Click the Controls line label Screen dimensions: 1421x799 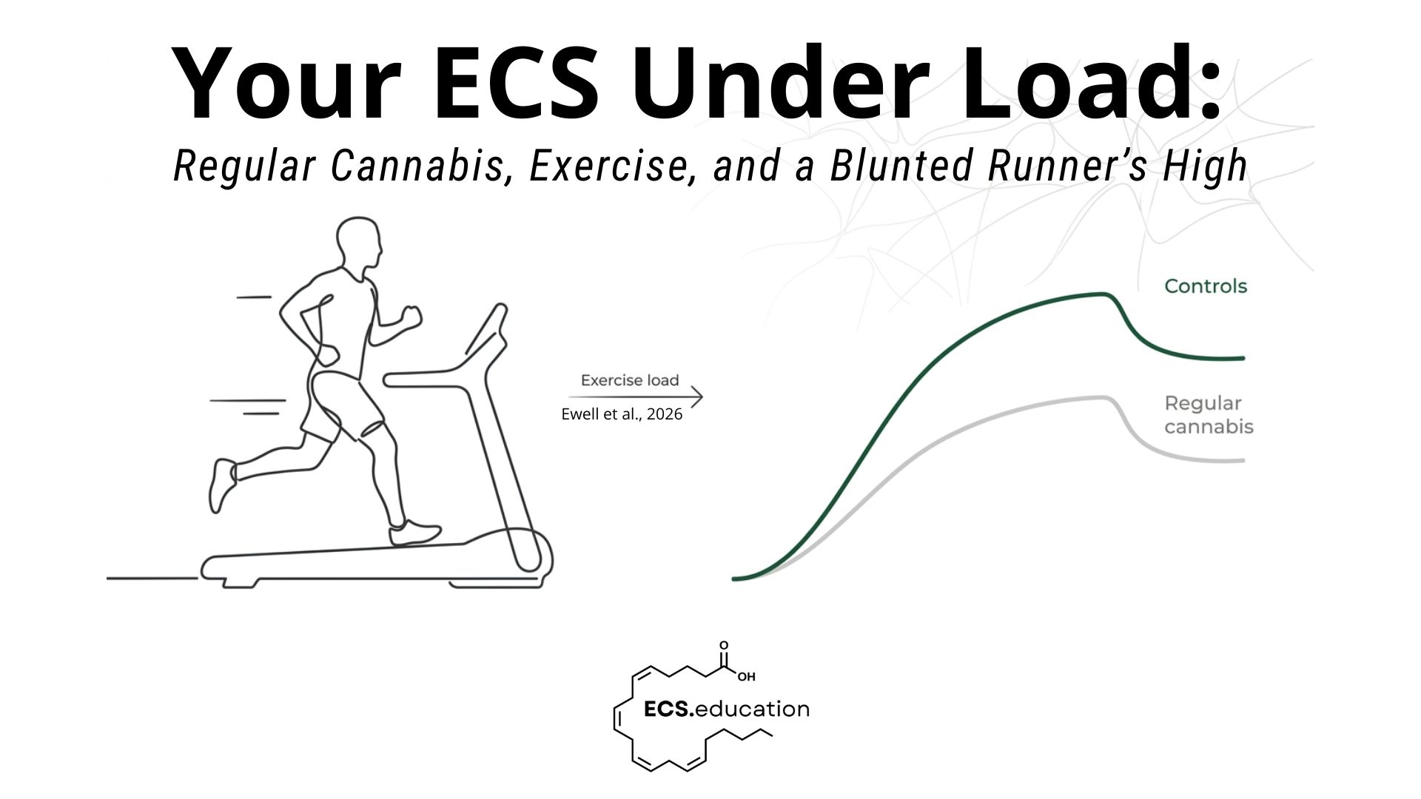1206,286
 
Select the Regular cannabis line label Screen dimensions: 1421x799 1209,415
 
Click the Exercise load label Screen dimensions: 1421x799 630,380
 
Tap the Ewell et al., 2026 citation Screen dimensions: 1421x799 622,414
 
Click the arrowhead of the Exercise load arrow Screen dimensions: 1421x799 697,397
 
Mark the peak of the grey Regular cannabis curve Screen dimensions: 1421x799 1103,397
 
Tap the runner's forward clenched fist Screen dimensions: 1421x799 409,316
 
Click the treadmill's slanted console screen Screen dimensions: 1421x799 486,328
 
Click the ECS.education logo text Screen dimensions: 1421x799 727,709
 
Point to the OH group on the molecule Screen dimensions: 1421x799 746,676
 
